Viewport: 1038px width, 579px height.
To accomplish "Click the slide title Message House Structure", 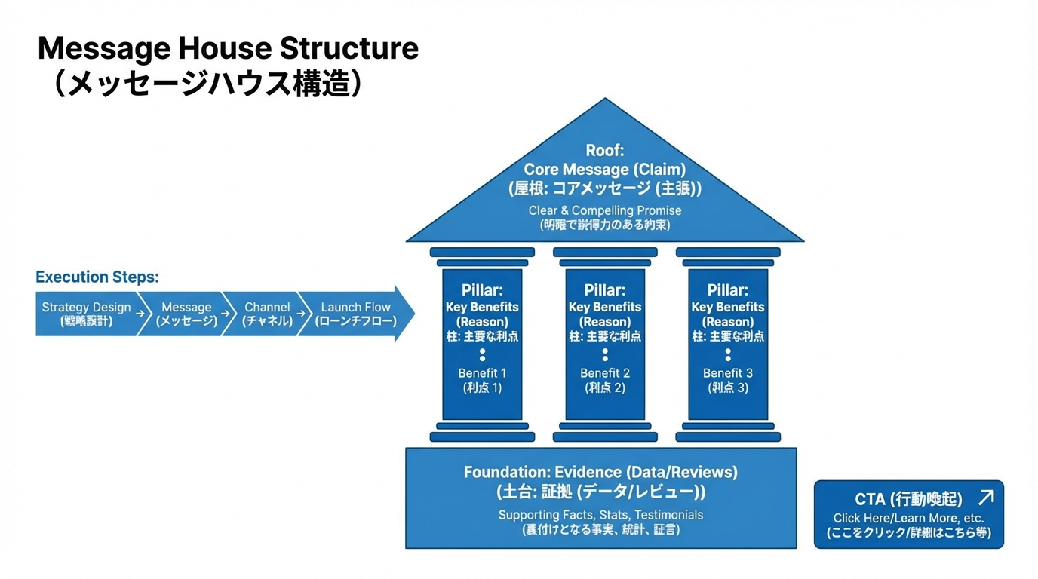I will tap(228, 49).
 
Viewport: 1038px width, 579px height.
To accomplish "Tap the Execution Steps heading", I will tap(97, 277).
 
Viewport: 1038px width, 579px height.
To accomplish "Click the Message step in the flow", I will tap(186, 314).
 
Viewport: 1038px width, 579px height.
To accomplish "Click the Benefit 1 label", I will tap(482, 373).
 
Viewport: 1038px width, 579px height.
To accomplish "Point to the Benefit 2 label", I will tap(605, 373).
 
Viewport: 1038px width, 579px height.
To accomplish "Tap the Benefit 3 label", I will tap(728, 373).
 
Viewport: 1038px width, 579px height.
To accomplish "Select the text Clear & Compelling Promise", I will tap(605, 210).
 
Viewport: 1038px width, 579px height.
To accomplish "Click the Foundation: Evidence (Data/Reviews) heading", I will tap(600, 473).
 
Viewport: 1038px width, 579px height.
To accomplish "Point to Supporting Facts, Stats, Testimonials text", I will tap(600, 515).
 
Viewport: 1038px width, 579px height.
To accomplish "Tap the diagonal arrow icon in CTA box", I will tap(985, 497).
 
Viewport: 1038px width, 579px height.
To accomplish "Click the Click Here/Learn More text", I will tap(908, 518).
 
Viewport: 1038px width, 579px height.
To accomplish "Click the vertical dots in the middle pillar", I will tap(605, 354).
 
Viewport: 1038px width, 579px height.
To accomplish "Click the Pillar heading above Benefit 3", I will tap(728, 290).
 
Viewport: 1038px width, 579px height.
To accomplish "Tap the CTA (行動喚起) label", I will tap(908, 499).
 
